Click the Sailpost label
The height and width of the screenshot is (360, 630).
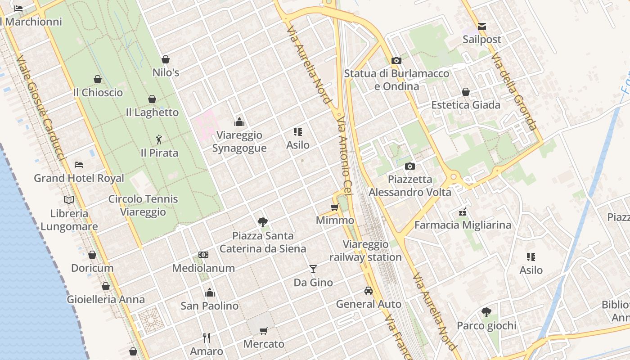[x=481, y=40]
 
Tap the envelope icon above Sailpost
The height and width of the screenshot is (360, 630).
[x=482, y=26]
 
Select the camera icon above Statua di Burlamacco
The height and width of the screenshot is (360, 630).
[x=396, y=60]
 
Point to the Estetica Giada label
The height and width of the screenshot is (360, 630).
[x=466, y=105]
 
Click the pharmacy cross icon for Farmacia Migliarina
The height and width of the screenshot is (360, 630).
[x=463, y=212]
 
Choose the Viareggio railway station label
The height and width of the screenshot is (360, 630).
[x=365, y=251]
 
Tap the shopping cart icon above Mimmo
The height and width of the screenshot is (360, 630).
[x=334, y=207]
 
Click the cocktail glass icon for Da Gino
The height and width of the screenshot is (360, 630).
[x=313, y=269]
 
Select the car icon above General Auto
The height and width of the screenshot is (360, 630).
[x=369, y=291]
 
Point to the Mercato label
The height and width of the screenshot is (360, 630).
[x=264, y=344]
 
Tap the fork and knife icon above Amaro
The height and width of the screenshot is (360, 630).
[x=207, y=337]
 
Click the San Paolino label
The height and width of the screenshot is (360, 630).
[x=210, y=306]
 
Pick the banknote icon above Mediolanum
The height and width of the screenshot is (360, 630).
[x=203, y=255]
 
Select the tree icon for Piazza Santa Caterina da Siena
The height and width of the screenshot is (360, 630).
[x=263, y=222]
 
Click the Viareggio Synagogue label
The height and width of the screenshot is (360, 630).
[x=239, y=141]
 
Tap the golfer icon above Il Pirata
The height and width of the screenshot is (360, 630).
[x=158, y=139]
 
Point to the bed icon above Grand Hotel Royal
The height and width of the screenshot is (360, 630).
[x=79, y=165]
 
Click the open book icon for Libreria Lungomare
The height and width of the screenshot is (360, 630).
[x=69, y=200]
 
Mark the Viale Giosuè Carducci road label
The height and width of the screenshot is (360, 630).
[x=40, y=108]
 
